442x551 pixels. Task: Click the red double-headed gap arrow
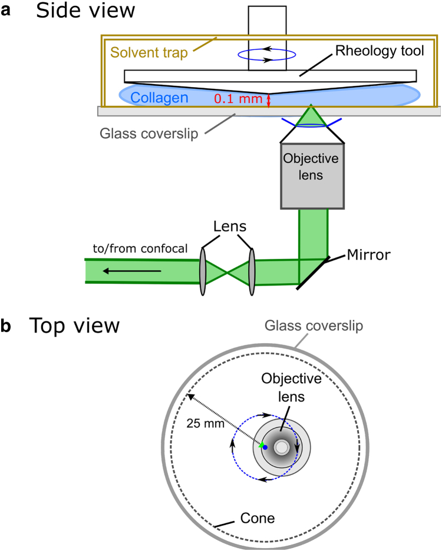point(269,100)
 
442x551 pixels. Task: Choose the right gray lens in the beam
point(252,271)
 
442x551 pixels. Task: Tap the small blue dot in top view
point(265,448)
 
